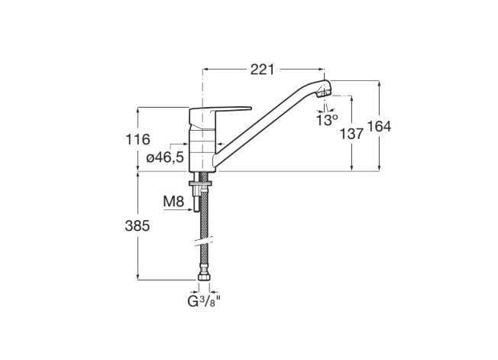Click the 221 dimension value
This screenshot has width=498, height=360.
(x=262, y=70)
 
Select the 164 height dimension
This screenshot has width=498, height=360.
(x=379, y=126)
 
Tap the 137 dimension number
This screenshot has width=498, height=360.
(x=351, y=134)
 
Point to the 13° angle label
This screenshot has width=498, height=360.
(x=327, y=120)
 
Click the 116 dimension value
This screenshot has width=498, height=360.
(x=137, y=139)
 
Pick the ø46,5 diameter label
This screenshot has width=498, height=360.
(x=165, y=157)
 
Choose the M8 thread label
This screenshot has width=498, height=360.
(x=173, y=201)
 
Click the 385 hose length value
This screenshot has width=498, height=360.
(x=137, y=226)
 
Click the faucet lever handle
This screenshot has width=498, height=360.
(x=219, y=113)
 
